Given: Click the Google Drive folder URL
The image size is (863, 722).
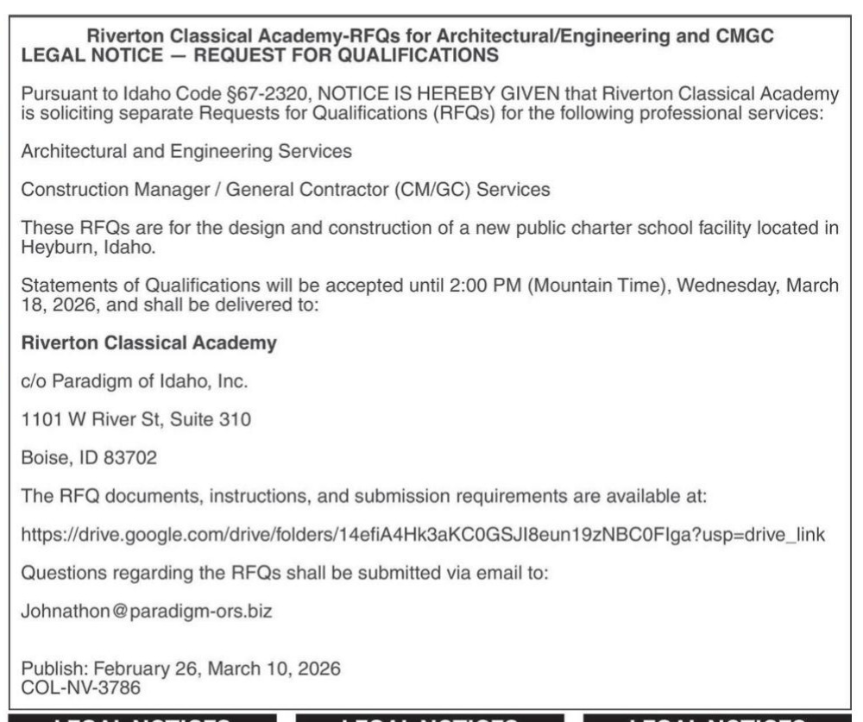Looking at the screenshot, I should [x=422, y=535].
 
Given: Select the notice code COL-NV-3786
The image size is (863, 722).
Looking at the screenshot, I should [x=82, y=689].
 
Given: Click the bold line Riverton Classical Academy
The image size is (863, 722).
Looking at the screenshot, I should [x=148, y=343].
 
